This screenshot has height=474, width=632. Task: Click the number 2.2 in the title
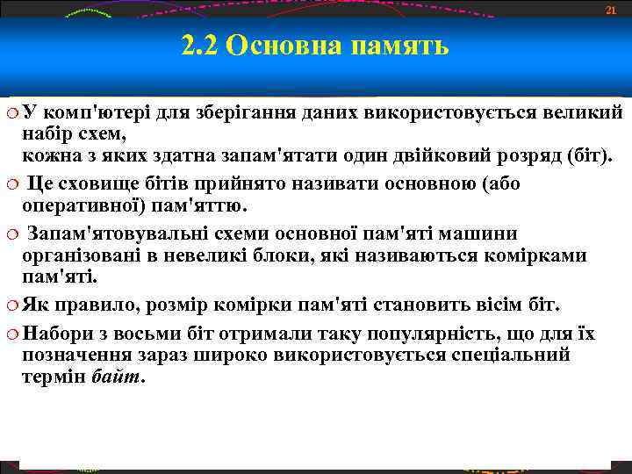[199, 46]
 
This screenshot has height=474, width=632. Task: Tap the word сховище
[109, 185]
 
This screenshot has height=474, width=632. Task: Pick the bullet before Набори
[11, 334]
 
